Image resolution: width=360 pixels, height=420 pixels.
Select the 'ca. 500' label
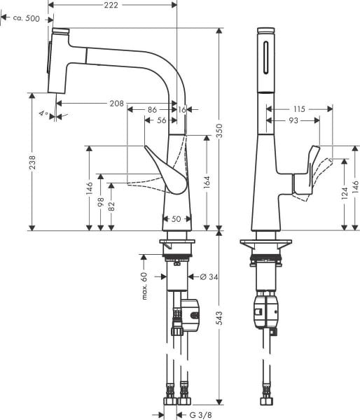point(25,18)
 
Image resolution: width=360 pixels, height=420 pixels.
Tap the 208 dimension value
point(117,104)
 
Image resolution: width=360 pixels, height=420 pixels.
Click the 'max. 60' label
point(144,285)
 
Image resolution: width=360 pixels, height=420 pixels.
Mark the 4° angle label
point(44,114)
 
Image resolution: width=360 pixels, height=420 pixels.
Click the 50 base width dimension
point(176,219)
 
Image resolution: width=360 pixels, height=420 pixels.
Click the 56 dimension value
point(162,121)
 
